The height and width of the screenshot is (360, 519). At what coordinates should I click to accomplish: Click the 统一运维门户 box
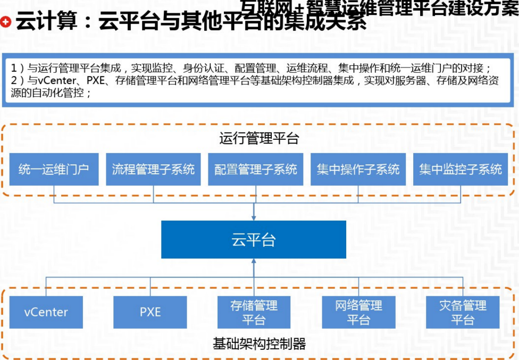pos(54,170)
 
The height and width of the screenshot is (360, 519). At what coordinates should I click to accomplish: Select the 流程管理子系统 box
pos(154,170)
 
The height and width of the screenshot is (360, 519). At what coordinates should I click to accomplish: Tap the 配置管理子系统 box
pos(256,170)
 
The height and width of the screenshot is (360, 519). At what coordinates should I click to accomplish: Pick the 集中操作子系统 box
pos(358,170)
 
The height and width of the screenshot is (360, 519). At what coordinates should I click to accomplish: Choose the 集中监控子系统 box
pos(461,170)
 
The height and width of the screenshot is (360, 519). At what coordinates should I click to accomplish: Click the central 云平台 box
pos(254,240)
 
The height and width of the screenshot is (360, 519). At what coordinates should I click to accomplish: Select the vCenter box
pos(46,312)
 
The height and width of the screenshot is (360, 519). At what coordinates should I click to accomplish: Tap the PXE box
pos(150,312)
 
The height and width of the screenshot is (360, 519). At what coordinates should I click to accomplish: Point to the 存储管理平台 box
pos(254,312)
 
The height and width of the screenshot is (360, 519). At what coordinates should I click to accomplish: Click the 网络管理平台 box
pos(358,312)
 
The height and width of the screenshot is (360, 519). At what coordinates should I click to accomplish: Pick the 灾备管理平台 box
pos(463,312)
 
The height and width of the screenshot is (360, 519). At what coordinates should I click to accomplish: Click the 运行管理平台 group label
pos(259,139)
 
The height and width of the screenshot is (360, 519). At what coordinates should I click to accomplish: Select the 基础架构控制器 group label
pos(259,344)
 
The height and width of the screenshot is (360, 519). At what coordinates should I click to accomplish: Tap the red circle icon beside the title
pos(6,22)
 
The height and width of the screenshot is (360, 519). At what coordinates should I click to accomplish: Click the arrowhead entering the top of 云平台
pos(254,217)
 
